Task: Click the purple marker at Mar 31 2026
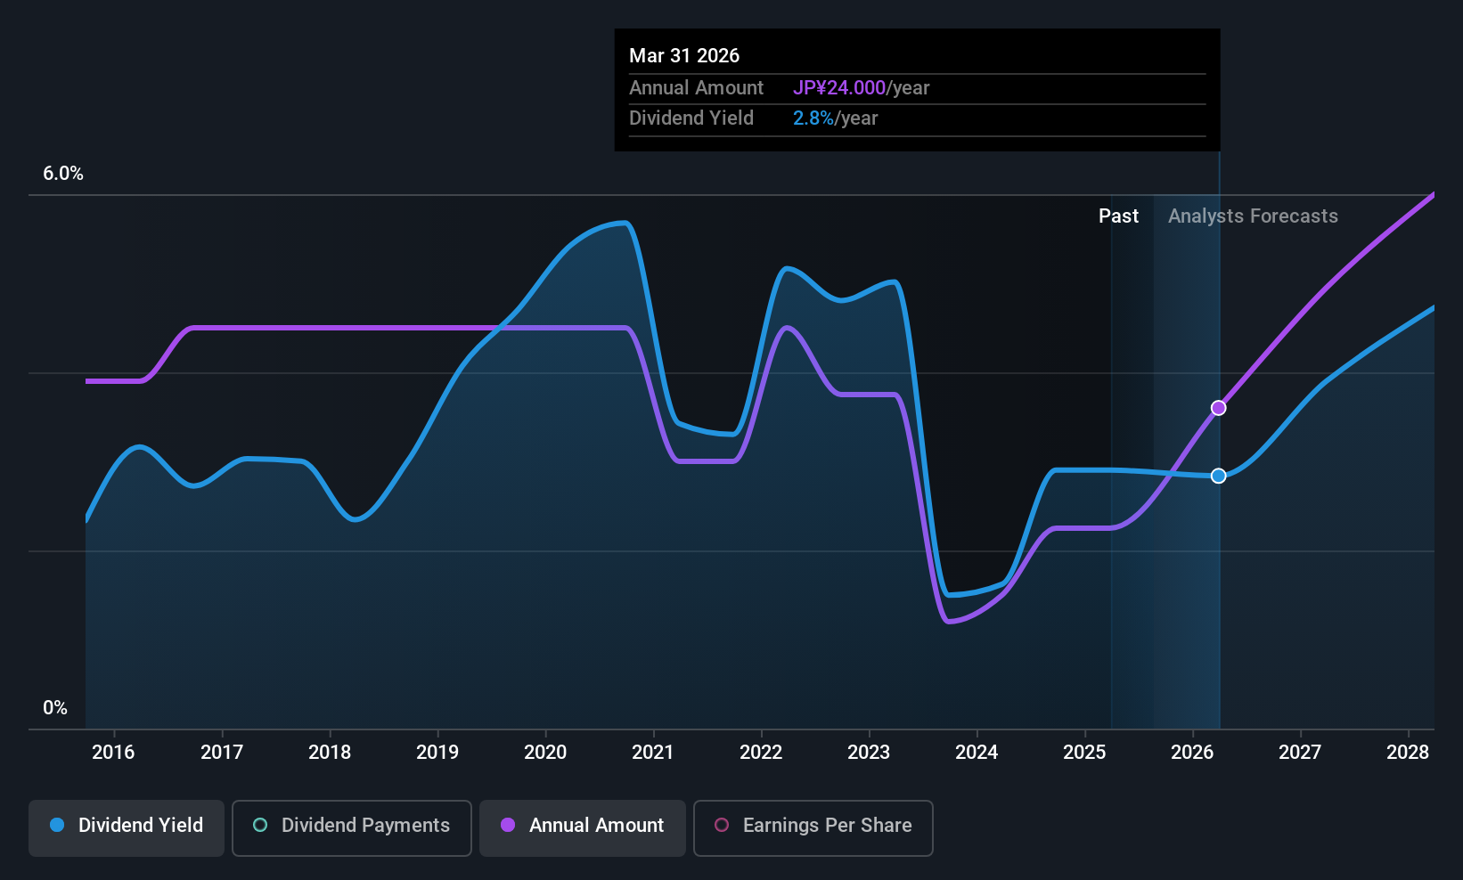pos(1218,408)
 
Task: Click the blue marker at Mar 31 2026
pos(1218,476)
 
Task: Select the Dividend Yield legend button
pos(127,826)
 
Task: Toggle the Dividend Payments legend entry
pos(351,826)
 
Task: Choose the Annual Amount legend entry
pos(583,826)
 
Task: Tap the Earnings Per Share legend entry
pos(813,826)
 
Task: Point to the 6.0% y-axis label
pos(63,174)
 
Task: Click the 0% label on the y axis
pos(55,708)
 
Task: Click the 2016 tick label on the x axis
pos(113,753)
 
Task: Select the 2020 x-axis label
pos(545,753)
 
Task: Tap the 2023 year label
pos(869,753)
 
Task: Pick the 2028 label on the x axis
pos(1408,753)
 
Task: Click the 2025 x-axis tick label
pos(1084,753)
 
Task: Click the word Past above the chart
pos(1118,216)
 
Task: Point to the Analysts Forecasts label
pos(1253,216)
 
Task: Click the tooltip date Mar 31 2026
pos(684,56)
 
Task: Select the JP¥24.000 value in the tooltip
pos(838,88)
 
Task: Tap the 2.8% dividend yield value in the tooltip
pos(813,118)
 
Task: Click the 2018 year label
pos(330,753)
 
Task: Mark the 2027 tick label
pos(1300,753)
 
